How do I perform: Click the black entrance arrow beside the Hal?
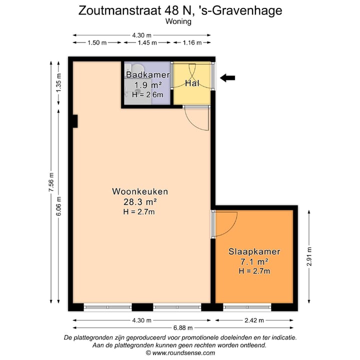pos(228,77)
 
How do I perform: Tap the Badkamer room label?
pos(147,75)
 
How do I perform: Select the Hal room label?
pos(192,83)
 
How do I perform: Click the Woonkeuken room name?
pos(140,191)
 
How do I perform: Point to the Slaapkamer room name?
pos(254,251)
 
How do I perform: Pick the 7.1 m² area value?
pos(254,261)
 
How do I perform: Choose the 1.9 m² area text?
pos(147,85)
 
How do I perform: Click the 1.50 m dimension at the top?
pos(97,43)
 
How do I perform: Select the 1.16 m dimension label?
pos(191,43)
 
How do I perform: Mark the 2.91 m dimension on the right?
pos(309,256)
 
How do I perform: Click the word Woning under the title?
pos(179,21)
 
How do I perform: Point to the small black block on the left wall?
pos(74,121)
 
